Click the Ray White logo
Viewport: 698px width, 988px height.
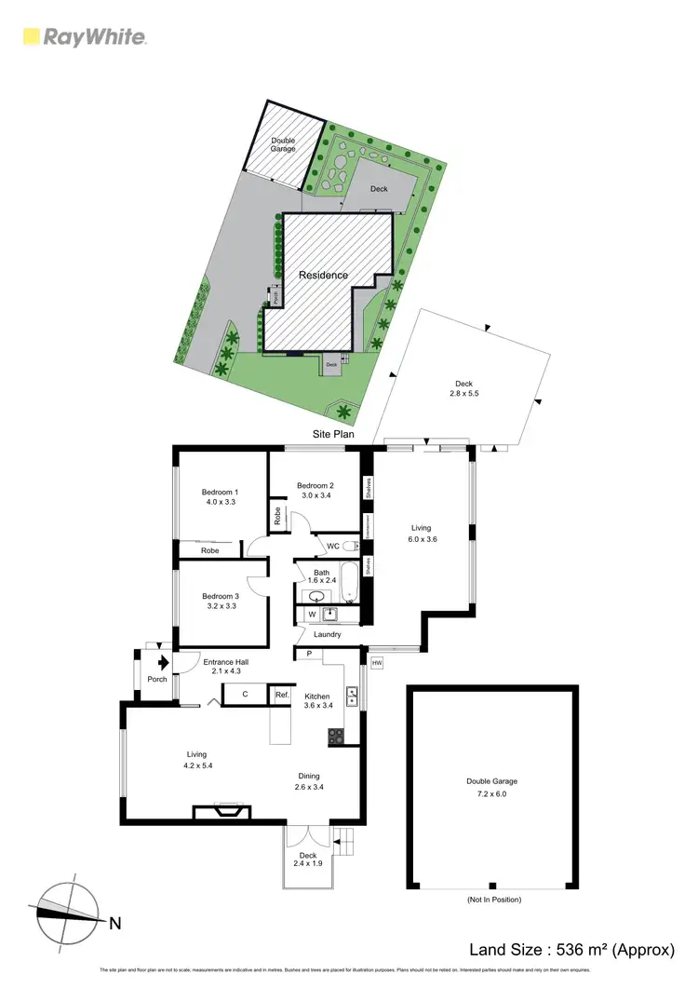click(x=84, y=37)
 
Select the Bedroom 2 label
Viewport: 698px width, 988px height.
click(x=315, y=485)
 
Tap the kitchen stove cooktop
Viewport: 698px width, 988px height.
click(x=336, y=736)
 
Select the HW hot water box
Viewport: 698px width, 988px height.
click(x=377, y=662)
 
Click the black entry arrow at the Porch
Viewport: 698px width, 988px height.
click(x=163, y=663)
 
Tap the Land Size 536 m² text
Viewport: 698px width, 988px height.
click(x=570, y=950)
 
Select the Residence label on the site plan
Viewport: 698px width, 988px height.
click(x=323, y=276)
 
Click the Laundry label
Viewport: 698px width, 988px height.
click(x=326, y=634)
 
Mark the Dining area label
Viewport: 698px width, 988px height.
click(x=309, y=776)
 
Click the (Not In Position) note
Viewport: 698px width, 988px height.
click(x=492, y=900)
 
